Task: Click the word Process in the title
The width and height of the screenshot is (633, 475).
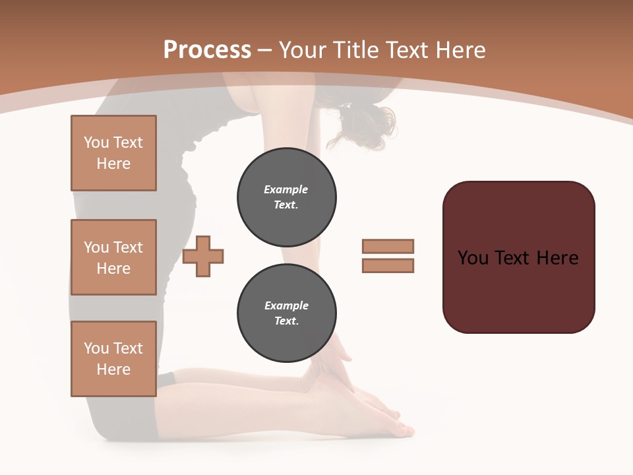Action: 207,50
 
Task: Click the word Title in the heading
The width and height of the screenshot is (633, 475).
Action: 356,50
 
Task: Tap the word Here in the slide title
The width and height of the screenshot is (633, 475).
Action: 459,50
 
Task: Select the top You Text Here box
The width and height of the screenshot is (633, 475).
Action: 113,153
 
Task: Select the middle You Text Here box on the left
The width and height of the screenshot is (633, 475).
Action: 113,257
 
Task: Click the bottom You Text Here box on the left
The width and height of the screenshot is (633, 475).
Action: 113,359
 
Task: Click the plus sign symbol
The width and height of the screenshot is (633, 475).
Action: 203,257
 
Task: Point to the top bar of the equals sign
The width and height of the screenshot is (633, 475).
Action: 388,246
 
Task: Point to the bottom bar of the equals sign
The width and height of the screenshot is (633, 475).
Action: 388,265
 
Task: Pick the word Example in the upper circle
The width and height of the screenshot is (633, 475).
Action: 286,189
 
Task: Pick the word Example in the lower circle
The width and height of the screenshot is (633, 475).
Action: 286,305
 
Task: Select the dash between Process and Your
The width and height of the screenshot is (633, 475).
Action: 265,50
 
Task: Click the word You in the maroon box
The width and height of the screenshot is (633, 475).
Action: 473,257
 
